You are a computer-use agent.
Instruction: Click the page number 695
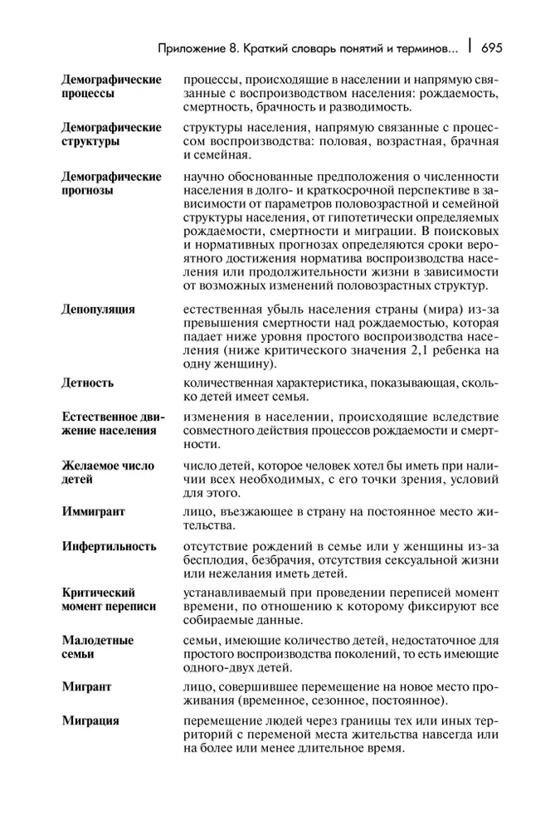click(x=491, y=47)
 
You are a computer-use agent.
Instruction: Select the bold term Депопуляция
click(x=98, y=310)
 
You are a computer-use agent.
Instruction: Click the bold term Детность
click(x=88, y=383)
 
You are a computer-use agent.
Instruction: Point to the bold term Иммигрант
click(x=93, y=511)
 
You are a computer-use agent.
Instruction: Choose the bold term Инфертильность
click(x=109, y=546)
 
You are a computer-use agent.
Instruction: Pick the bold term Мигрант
click(x=87, y=686)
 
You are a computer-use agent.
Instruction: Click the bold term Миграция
click(x=90, y=721)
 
